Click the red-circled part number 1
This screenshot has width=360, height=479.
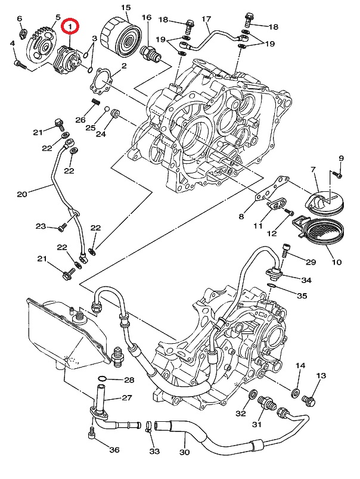71,27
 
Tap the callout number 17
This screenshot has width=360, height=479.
206,19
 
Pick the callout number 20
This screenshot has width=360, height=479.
22,194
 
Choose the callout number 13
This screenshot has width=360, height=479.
322,376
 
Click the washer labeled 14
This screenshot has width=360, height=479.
295,393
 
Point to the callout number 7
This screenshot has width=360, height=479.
312,170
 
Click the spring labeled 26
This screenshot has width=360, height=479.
94,105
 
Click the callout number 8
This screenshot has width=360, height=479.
242,216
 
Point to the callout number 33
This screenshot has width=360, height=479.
155,452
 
